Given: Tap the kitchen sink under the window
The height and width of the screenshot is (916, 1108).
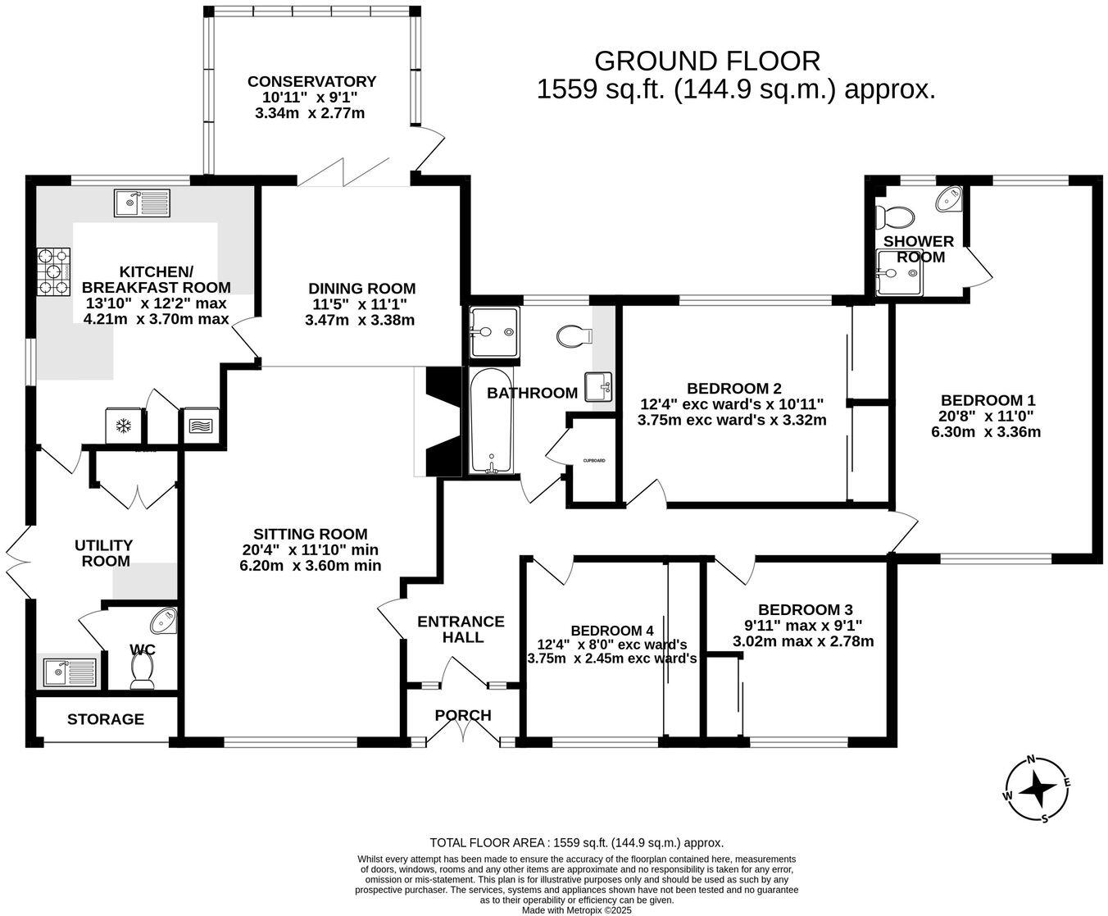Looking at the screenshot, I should pos(143,203).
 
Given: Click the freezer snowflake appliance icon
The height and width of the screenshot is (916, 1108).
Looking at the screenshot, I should pos(124,426).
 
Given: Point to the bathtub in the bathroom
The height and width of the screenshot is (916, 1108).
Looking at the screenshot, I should pos(492,420).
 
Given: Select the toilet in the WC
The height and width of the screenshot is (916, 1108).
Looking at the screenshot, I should pos(143,672).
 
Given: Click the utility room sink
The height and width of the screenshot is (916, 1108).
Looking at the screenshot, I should pos(70,672).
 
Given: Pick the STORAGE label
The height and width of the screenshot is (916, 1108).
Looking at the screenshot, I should pos(106,719).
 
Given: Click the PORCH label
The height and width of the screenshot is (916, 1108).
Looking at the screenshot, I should pos(463,715).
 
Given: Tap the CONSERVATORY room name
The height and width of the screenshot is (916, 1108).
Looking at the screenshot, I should pos(311,81).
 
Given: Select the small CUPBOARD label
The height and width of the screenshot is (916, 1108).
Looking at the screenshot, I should pos(594,461).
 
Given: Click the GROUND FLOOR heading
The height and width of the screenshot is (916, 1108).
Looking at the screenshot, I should pos(706,61).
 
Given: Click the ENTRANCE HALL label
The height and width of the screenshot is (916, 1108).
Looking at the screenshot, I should pos(461,629).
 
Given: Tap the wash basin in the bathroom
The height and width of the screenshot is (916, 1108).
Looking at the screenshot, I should pos(598,386).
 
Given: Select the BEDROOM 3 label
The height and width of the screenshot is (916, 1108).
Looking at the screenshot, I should pos(805,609).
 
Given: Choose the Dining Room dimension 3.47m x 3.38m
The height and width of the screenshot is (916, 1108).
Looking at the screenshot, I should pos(360,320).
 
